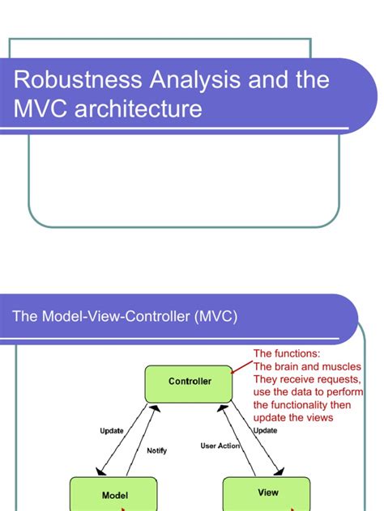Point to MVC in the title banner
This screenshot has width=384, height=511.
tap(40, 108)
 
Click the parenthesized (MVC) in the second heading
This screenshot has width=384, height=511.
tap(215, 316)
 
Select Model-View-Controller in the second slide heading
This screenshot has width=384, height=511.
tap(114, 316)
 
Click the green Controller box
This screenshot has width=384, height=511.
tap(190, 381)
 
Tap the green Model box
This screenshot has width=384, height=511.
tap(113, 494)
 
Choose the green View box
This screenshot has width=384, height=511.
tap(267, 492)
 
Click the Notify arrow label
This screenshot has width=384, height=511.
tap(157, 450)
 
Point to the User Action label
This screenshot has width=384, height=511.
tap(220, 446)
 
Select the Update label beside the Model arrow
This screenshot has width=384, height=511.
tap(111, 431)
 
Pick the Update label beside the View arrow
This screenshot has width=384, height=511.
tap(266, 431)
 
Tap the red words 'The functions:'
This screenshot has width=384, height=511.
tap(287, 354)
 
